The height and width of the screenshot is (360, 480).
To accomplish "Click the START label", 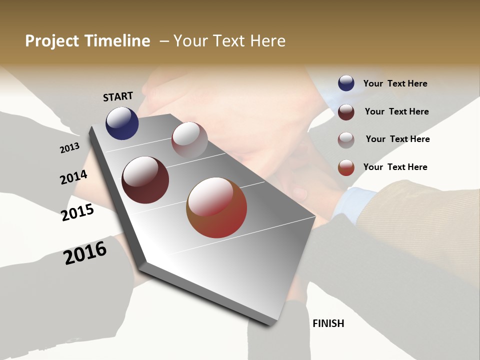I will point(118,96).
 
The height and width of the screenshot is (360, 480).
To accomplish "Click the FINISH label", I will point(328,323).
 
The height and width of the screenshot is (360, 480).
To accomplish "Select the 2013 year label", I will point(69,148).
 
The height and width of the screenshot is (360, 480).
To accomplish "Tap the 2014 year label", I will point(73,177).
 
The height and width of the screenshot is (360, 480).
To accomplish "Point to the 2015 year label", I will point(77,212).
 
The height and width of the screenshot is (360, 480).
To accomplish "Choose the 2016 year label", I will point(85,253).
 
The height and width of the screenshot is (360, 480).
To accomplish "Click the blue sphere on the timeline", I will point(122,123).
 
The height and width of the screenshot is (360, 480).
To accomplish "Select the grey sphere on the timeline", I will point(189,139).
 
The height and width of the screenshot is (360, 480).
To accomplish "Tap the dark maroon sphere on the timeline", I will point(145,180).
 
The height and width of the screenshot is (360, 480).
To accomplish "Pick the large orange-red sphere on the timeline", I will point(216,207).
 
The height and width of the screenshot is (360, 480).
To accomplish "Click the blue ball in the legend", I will point(346,83).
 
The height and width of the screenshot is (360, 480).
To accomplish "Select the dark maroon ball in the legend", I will point(346,112).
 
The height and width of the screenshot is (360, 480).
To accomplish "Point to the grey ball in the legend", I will point(346,139).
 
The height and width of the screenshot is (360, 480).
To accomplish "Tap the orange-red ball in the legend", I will point(346,167).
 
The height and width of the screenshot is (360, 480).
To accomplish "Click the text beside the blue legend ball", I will point(395,83).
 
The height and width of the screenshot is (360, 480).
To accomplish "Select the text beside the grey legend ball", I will point(397,139).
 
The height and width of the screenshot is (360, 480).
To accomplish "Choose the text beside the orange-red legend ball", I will point(395,167).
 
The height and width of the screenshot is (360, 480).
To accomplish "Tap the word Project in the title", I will point(51,41).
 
